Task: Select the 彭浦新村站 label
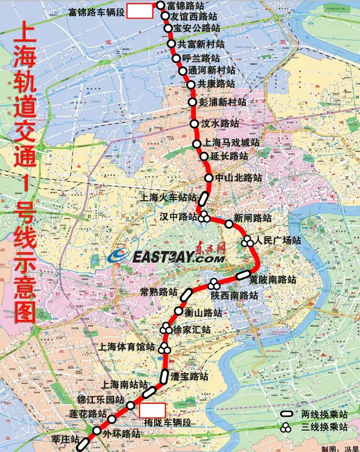pos(222,102)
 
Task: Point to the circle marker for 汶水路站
pos(195,124)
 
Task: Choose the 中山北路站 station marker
pos(209,178)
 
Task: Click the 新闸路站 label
pos(253,218)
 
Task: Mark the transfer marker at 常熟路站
pos(186,294)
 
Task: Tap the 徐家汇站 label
pos(191,330)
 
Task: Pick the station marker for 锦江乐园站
pos(130,405)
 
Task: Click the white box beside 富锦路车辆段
pos(139,11)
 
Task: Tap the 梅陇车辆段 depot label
pos(167,422)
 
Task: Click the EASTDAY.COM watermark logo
pos(166,256)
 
